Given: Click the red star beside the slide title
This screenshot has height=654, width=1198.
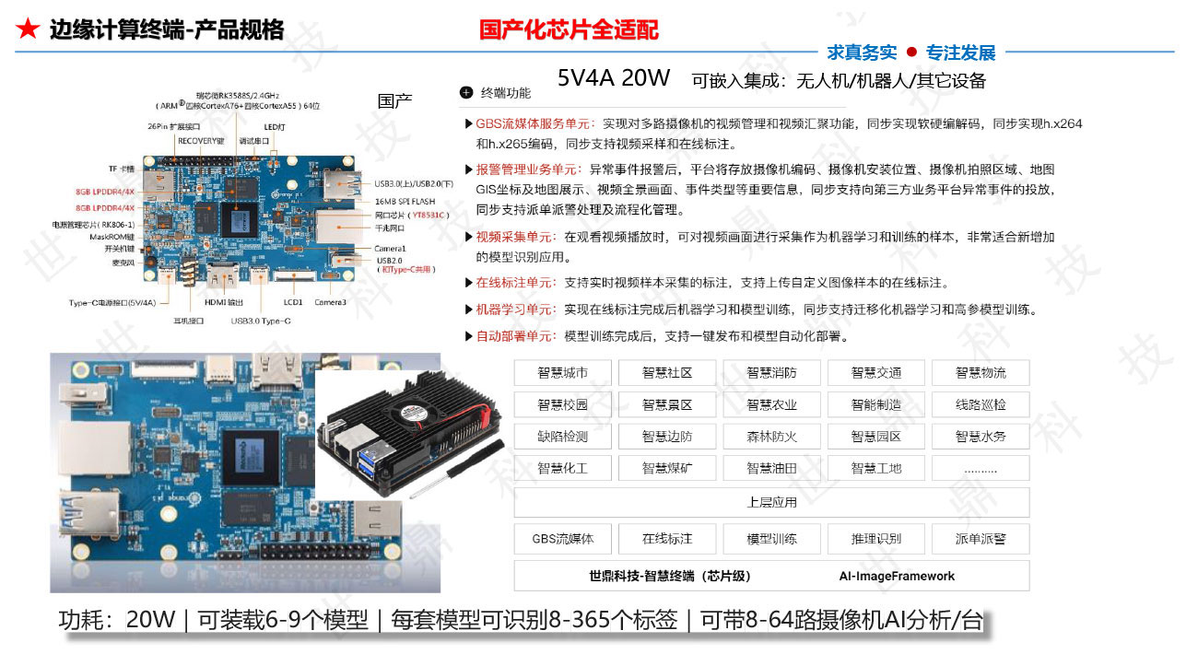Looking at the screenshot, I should pos(28,30).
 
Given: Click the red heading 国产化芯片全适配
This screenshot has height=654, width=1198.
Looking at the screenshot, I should pos(569,30).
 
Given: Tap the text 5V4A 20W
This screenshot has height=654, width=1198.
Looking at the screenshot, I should pos(614,78).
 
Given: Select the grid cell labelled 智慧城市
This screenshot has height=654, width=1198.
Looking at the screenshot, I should pos(562,373).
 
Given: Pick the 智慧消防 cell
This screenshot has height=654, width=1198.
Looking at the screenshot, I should pos(771,373).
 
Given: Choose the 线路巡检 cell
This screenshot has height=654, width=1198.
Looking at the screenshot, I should pos(981,404).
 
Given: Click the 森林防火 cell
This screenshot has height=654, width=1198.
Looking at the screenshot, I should pos(771,437).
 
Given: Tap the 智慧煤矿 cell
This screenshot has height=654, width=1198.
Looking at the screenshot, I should pos(667,468).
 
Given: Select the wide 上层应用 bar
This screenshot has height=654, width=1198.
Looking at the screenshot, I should pos(771,503).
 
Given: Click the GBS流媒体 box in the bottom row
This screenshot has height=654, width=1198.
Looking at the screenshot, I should pos(562,539).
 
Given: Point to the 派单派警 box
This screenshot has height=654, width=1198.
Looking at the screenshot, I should pos(981,539).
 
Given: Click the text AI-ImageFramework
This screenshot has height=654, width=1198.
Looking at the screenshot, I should pos(897,577).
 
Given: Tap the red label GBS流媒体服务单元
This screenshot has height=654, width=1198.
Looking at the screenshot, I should pos(533,123).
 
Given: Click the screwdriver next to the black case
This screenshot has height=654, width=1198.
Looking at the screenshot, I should pos(457,470).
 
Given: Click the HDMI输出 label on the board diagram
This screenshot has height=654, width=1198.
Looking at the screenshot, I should pos(224,302).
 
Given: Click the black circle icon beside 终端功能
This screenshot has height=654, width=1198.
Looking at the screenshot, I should pos(466,93).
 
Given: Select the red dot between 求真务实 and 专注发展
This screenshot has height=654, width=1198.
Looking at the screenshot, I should pos(911,52).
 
